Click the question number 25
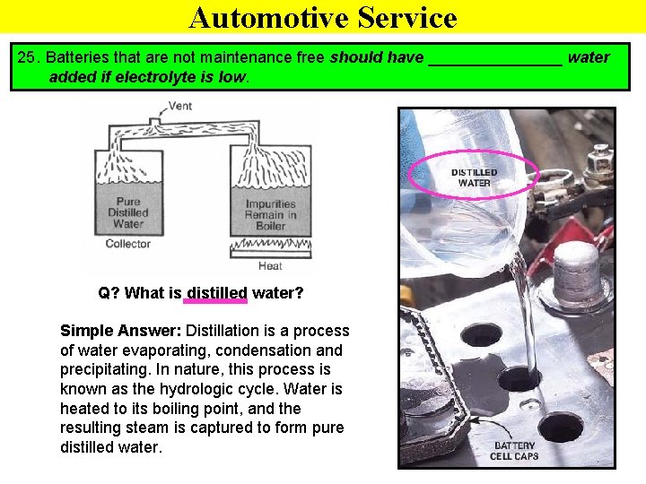pos(27,57)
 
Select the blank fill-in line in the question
pos(495,65)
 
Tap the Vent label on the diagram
pos(180,106)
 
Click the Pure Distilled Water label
pos(128,212)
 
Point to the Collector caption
pos(128,244)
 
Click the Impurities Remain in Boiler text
pos(270,215)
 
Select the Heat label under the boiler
pos(270,266)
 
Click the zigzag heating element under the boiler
pos(271,244)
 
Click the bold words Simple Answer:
pos(121,331)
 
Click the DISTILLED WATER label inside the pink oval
pos(474,177)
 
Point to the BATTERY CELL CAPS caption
pos(514,451)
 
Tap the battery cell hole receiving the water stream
pos(519,378)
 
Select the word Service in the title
pos(407,17)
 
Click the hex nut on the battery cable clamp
pos(598,160)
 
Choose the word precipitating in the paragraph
pos(104,369)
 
